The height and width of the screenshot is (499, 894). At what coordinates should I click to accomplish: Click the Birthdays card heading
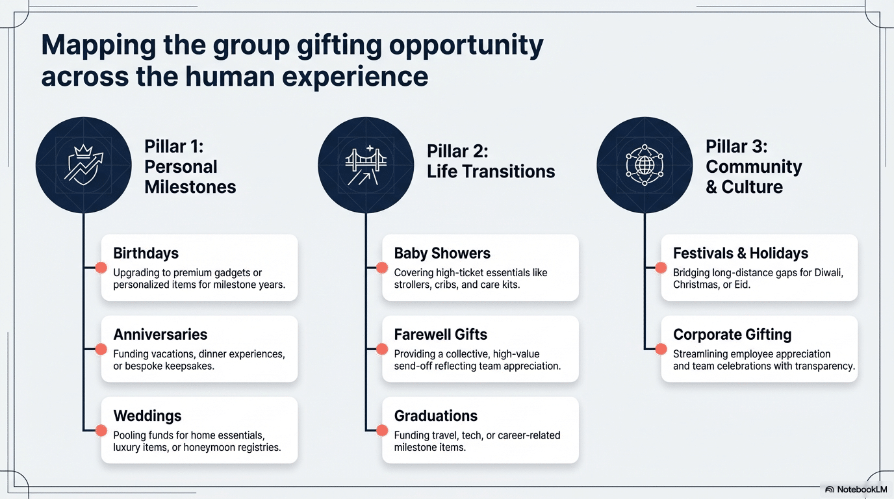pos(146,253)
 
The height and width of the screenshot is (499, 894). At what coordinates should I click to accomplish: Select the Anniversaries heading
pos(160,335)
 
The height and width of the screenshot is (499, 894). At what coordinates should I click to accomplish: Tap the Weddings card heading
pos(147,416)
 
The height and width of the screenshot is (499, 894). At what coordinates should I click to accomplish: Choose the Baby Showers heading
pos(442,253)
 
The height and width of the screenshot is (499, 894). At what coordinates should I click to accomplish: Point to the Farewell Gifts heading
pos(441,335)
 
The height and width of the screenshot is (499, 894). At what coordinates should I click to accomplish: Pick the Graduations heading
pos(435,416)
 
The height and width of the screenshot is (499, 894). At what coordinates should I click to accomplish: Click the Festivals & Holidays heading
pos(741,253)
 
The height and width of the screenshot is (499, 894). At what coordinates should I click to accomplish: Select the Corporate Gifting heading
pos(732,335)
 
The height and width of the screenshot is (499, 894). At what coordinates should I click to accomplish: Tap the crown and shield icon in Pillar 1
pos(83,164)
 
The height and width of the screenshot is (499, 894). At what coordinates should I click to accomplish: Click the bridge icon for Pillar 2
pos(366,164)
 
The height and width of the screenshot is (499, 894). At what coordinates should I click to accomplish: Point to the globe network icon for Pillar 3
pos(644,164)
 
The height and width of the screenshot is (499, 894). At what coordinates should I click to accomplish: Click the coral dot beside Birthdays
pos(101,268)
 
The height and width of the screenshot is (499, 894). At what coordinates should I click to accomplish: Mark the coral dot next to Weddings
pos(101,430)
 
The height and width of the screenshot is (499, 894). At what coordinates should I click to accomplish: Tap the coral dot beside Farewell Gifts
pos(381,349)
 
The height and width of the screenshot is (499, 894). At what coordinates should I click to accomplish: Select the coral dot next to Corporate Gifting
pos(661,349)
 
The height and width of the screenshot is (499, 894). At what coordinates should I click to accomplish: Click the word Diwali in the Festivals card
pos(828,273)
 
